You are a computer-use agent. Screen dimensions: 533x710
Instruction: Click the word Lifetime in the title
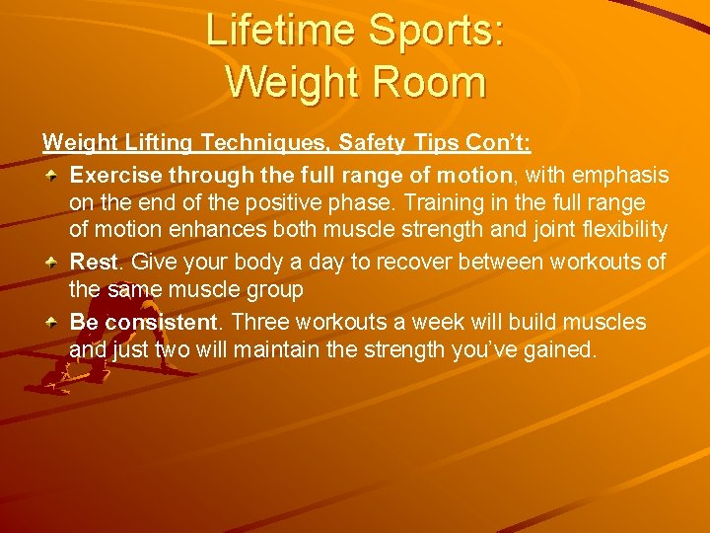(281, 32)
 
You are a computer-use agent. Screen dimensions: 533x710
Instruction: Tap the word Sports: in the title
(435, 32)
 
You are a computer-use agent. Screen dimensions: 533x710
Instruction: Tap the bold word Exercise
(117, 176)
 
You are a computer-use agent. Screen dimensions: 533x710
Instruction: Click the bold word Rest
(94, 263)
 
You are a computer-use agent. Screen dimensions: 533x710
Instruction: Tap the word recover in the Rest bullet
(406, 263)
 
